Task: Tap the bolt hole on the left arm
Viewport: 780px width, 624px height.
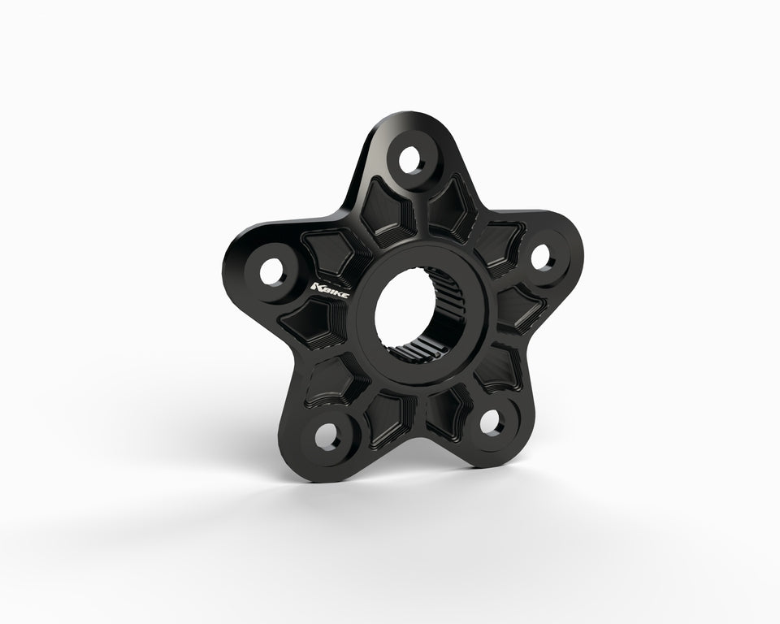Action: click(272, 273)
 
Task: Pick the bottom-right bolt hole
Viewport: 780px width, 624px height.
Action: click(492, 423)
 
